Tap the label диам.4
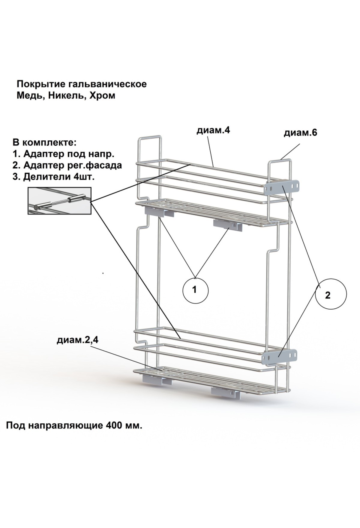coord(213,131)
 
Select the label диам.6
coord(301,133)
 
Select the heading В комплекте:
coord(45,142)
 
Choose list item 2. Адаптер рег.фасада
coord(67,165)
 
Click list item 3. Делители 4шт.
coord(54,177)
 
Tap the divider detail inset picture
coord(59,201)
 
